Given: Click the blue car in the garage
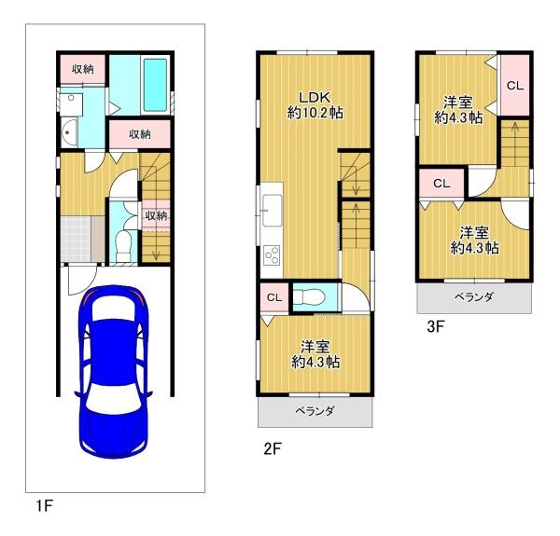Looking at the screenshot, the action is tap(114, 371).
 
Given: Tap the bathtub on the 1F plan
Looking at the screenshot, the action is tap(155, 85).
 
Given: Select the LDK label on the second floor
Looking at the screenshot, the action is tap(315, 97).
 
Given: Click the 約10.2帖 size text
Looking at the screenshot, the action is tap(315, 113).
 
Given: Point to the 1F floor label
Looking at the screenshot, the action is tap(45, 505).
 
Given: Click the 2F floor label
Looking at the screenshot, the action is tap(273, 448).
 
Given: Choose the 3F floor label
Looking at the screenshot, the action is tap(435, 326).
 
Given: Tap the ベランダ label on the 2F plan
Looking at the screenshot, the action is tap(315, 411).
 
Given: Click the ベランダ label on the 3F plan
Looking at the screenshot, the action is tap(474, 296).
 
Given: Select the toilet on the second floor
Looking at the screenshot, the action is tap(309, 296).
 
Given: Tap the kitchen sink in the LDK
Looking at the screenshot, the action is tap(273, 211).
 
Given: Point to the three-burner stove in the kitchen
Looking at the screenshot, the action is tap(272, 255).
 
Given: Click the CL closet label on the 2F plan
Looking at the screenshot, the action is tap(274, 297).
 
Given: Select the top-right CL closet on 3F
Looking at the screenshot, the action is tap(514, 86).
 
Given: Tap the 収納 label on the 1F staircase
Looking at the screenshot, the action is tap(156, 215).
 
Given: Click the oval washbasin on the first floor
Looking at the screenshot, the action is tap(69, 132).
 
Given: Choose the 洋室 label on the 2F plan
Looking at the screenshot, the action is tap(315, 347).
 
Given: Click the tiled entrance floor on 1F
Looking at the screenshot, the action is tap(76, 240).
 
